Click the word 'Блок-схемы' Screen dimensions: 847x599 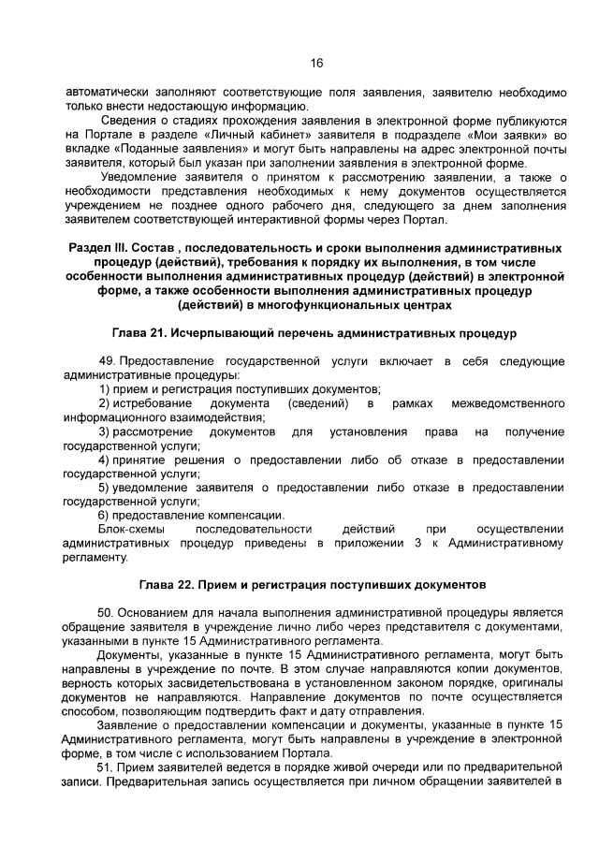[x=131, y=530]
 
